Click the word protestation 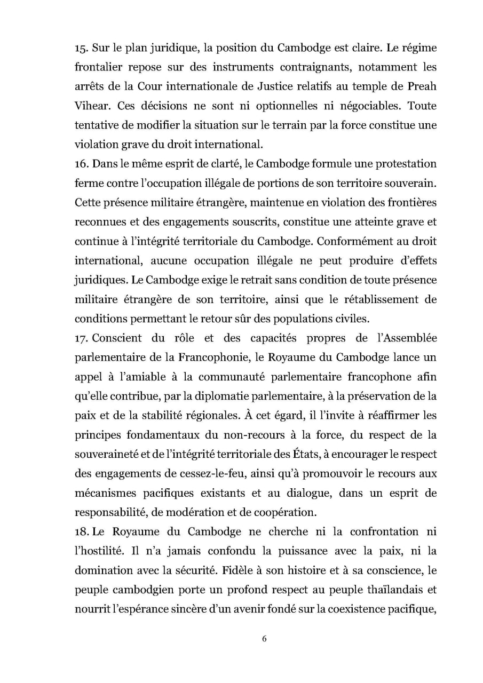click(x=402, y=163)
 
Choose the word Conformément click(x=362, y=241)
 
